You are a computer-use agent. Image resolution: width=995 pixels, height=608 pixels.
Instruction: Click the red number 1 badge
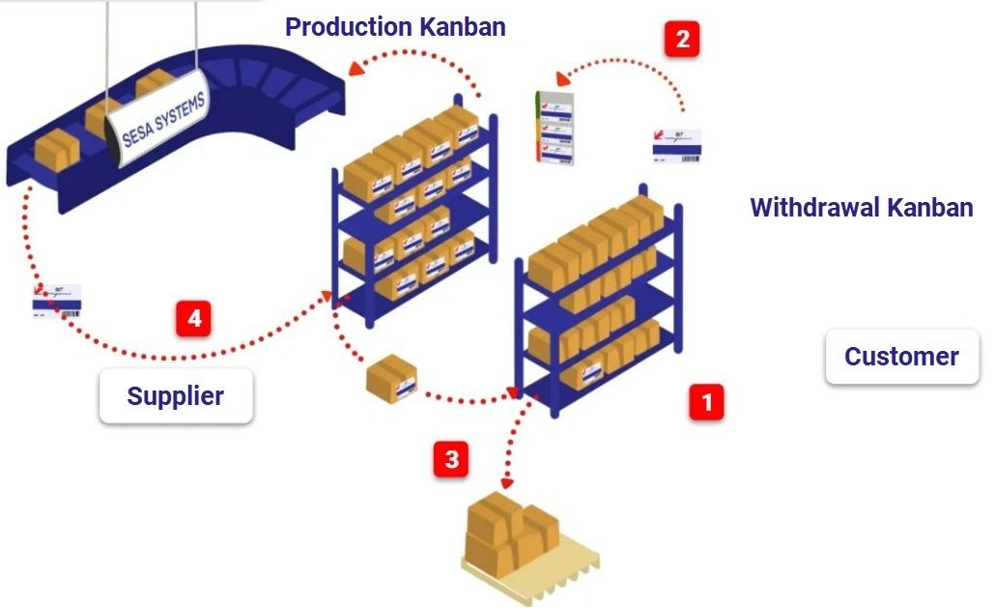(706, 400)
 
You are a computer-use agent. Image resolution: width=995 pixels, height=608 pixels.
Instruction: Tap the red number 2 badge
(682, 40)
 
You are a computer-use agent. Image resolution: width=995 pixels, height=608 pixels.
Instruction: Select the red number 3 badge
(451, 459)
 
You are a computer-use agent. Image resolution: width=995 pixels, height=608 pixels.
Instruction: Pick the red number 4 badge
(194, 319)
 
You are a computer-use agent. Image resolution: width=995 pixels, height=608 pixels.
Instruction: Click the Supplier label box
(176, 395)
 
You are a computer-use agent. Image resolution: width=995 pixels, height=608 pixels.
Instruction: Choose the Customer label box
(901, 357)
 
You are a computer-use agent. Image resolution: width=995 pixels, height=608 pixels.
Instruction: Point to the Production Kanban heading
(395, 27)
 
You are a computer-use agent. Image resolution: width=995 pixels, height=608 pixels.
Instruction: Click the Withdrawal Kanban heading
(861, 207)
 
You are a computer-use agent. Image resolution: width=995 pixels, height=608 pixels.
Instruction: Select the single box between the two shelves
(391, 377)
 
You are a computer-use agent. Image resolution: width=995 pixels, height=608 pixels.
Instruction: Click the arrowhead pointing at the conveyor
(356, 68)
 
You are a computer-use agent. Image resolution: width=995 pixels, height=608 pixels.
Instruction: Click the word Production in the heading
(349, 27)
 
